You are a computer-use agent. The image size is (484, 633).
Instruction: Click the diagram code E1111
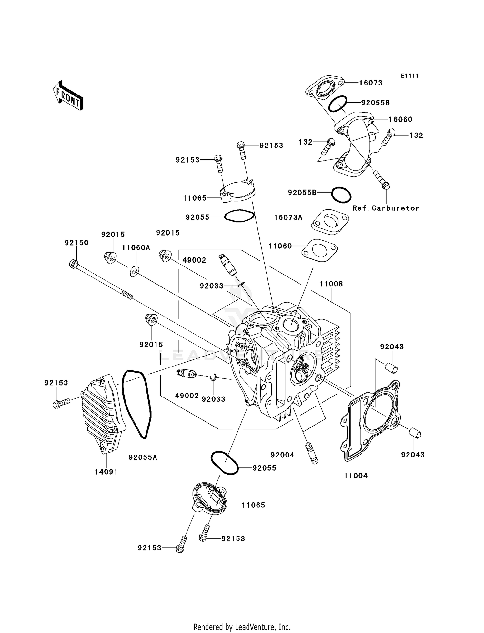pyautogui.click(x=410, y=76)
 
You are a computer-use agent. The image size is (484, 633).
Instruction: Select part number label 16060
pyautogui.click(x=400, y=119)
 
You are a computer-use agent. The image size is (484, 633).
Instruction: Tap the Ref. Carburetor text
pyautogui.click(x=386, y=208)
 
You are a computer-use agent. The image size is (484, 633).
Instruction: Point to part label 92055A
pyautogui.click(x=143, y=457)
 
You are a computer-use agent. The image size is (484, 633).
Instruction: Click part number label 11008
pyautogui.click(x=331, y=284)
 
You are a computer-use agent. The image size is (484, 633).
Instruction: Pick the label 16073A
pyautogui.click(x=288, y=217)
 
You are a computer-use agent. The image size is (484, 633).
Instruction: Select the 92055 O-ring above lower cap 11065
pyautogui.click(x=224, y=463)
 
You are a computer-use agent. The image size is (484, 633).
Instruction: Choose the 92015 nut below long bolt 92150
pyautogui.click(x=151, y=319)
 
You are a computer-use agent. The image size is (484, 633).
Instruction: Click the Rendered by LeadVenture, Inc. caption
pyautogui.click(x=242, y=627)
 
